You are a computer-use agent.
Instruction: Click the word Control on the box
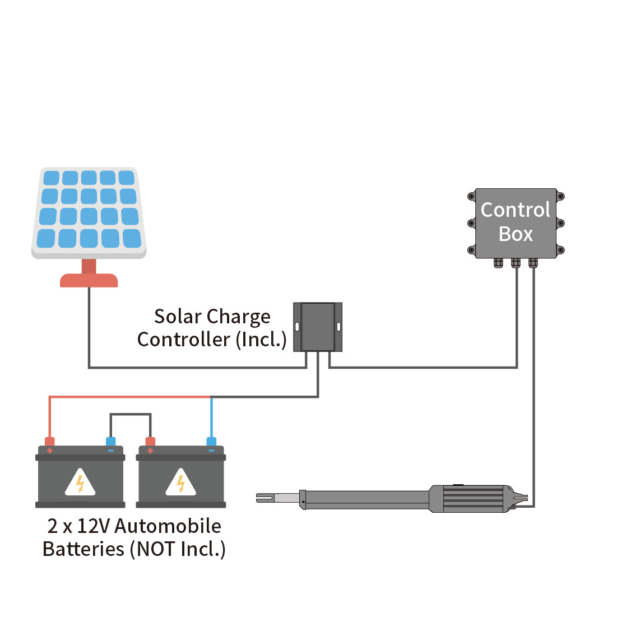coord(516,210)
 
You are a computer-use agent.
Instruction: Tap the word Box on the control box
coord(516,234)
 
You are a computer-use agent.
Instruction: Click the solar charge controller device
coord(318,327)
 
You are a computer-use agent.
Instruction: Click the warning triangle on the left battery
coord(80,483)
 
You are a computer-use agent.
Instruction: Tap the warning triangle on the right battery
coord(181,483)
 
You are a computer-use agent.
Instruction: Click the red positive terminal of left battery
coord(50,443)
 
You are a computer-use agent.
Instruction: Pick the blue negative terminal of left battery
coord(111,443)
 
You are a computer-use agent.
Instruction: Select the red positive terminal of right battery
coord(150,443)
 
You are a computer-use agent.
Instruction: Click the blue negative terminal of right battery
coord(211,443)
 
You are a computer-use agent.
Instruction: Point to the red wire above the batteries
coord(129,397)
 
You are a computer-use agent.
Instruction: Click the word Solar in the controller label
coord(178,317)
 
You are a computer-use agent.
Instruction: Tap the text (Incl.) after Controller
coord(261,340)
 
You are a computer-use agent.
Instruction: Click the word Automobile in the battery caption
coord(168,526)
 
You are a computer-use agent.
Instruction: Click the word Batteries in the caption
coord(83,549)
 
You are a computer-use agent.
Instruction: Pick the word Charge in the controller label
coord(240,317)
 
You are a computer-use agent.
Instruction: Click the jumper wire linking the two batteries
coord(130,415)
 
